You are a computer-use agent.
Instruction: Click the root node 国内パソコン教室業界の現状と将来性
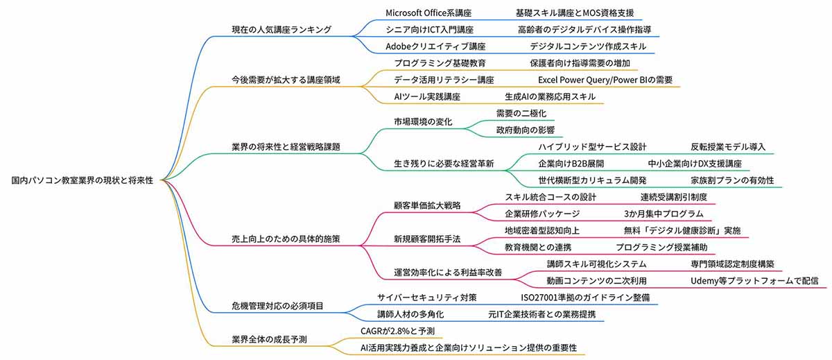[x=82, y=180]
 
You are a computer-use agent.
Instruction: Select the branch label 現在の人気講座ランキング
[x=281, y=29]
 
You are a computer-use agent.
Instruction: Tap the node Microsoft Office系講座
[x=428, y=13]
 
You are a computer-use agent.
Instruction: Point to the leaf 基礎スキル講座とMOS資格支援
[x=575, y=13]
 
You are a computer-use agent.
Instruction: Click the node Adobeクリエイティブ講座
[x=435, y=46]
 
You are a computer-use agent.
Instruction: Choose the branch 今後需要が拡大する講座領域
[x=286, y=80]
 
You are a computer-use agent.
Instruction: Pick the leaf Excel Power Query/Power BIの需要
[x=605, y=80]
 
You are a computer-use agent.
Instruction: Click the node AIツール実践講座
[x=427, y=96]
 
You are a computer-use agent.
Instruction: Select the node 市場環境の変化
[x=423, y=122]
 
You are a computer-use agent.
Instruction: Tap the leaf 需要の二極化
[x=521, y=113]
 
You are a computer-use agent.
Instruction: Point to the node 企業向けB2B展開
[x=571, y=164]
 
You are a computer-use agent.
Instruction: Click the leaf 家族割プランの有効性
[x=732, y=180]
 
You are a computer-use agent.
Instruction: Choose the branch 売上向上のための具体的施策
[x=286, y=239]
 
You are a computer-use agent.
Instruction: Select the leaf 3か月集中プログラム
[x=664, y=214]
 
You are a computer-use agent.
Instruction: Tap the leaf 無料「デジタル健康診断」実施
[x=682, y=230]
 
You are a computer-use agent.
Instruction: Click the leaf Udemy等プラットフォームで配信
[x=754, y=281]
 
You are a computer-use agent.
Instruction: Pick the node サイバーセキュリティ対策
[x=427, y=297]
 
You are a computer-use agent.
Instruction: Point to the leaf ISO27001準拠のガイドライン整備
[x=585, y=297]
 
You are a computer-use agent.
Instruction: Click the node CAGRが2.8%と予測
[x=397, y=331]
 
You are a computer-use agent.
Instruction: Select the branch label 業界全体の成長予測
[x=269, y=339]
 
